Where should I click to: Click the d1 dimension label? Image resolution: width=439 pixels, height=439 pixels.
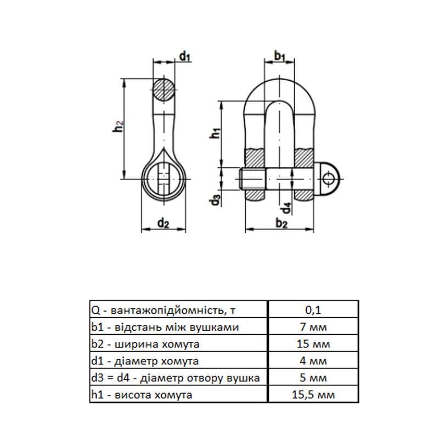185,57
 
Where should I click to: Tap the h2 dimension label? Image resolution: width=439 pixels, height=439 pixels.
118,126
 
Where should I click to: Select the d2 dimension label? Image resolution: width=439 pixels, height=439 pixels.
163,224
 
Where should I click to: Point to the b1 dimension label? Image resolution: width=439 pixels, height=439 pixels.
279,56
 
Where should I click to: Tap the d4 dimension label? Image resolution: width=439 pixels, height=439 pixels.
286,208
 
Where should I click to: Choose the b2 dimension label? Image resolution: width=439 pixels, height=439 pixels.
282,224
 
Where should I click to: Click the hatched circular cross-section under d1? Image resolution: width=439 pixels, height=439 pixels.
164,90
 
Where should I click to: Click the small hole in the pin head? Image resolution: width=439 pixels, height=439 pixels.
328,179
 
